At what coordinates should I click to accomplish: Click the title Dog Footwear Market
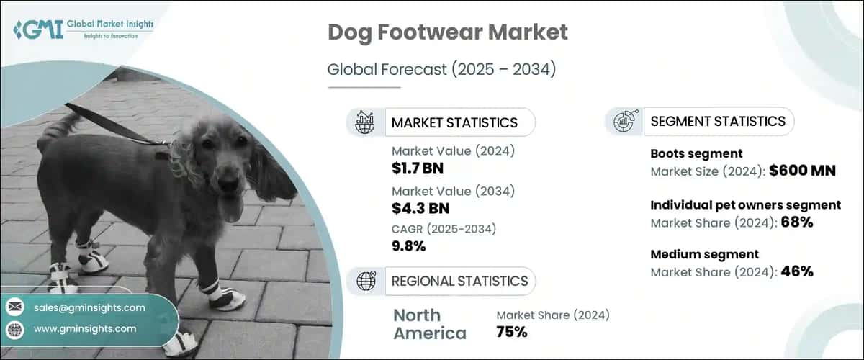point(447,32)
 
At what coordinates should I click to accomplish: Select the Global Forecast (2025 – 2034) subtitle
point(441,70)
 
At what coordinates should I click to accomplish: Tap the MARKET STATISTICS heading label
point(454,122)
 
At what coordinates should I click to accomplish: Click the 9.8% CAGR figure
point(408,246)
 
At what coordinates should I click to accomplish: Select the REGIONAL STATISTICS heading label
point(459,281)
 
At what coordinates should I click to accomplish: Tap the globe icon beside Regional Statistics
point(365,281)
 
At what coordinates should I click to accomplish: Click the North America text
point(429,324)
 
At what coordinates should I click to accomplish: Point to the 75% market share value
point(511,332)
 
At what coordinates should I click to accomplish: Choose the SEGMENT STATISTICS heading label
point(717,122)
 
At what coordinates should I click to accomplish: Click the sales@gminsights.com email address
point(89,307)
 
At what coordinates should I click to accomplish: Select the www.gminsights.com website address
point(84,328)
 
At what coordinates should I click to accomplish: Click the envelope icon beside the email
point(14,307)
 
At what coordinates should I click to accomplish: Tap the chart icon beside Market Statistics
point(365,122)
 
